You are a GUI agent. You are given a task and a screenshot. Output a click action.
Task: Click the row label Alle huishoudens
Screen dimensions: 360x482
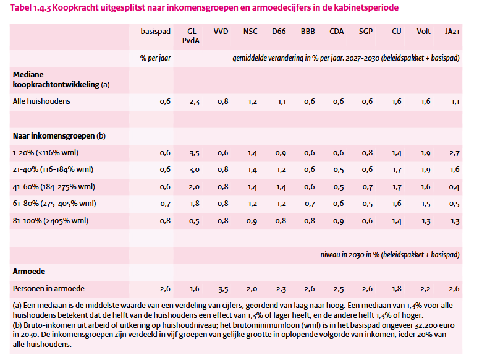(42, 101)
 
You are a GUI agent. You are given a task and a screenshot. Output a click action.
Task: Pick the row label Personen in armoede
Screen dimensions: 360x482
(49, 288)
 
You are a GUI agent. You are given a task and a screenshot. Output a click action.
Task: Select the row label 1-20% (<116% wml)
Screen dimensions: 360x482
(46, 152)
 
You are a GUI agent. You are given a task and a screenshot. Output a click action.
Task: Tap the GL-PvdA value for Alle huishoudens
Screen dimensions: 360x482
(194, 101)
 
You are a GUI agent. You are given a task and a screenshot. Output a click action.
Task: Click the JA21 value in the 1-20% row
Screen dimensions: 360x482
(454, 152)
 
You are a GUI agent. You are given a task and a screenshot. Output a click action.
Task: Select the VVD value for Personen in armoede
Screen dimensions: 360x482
(222, 288)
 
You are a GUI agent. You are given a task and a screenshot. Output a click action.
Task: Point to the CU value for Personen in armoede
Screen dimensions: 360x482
(396, 288)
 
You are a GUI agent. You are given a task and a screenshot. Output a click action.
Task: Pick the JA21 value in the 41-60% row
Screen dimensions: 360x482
(454, 186)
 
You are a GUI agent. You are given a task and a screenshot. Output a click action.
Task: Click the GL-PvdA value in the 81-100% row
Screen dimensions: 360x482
(194, 220)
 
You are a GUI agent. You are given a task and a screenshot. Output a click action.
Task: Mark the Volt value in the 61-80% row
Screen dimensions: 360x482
(425, 203)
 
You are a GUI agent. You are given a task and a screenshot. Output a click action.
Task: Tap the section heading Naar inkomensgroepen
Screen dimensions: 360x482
(54, 135)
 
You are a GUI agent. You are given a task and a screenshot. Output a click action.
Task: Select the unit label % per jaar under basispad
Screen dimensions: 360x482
(155, 58)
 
